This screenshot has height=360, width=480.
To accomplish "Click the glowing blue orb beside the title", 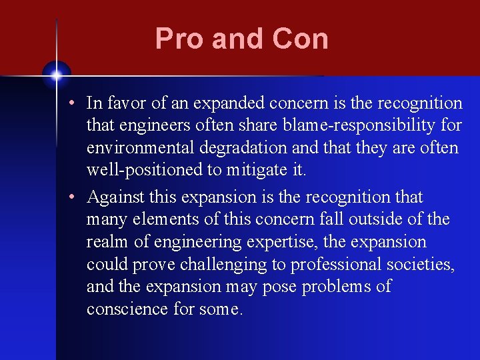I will coord(57,75).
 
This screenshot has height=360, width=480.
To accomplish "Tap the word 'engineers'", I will coord(150,125).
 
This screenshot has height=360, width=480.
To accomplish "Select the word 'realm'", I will coord(105,242).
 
